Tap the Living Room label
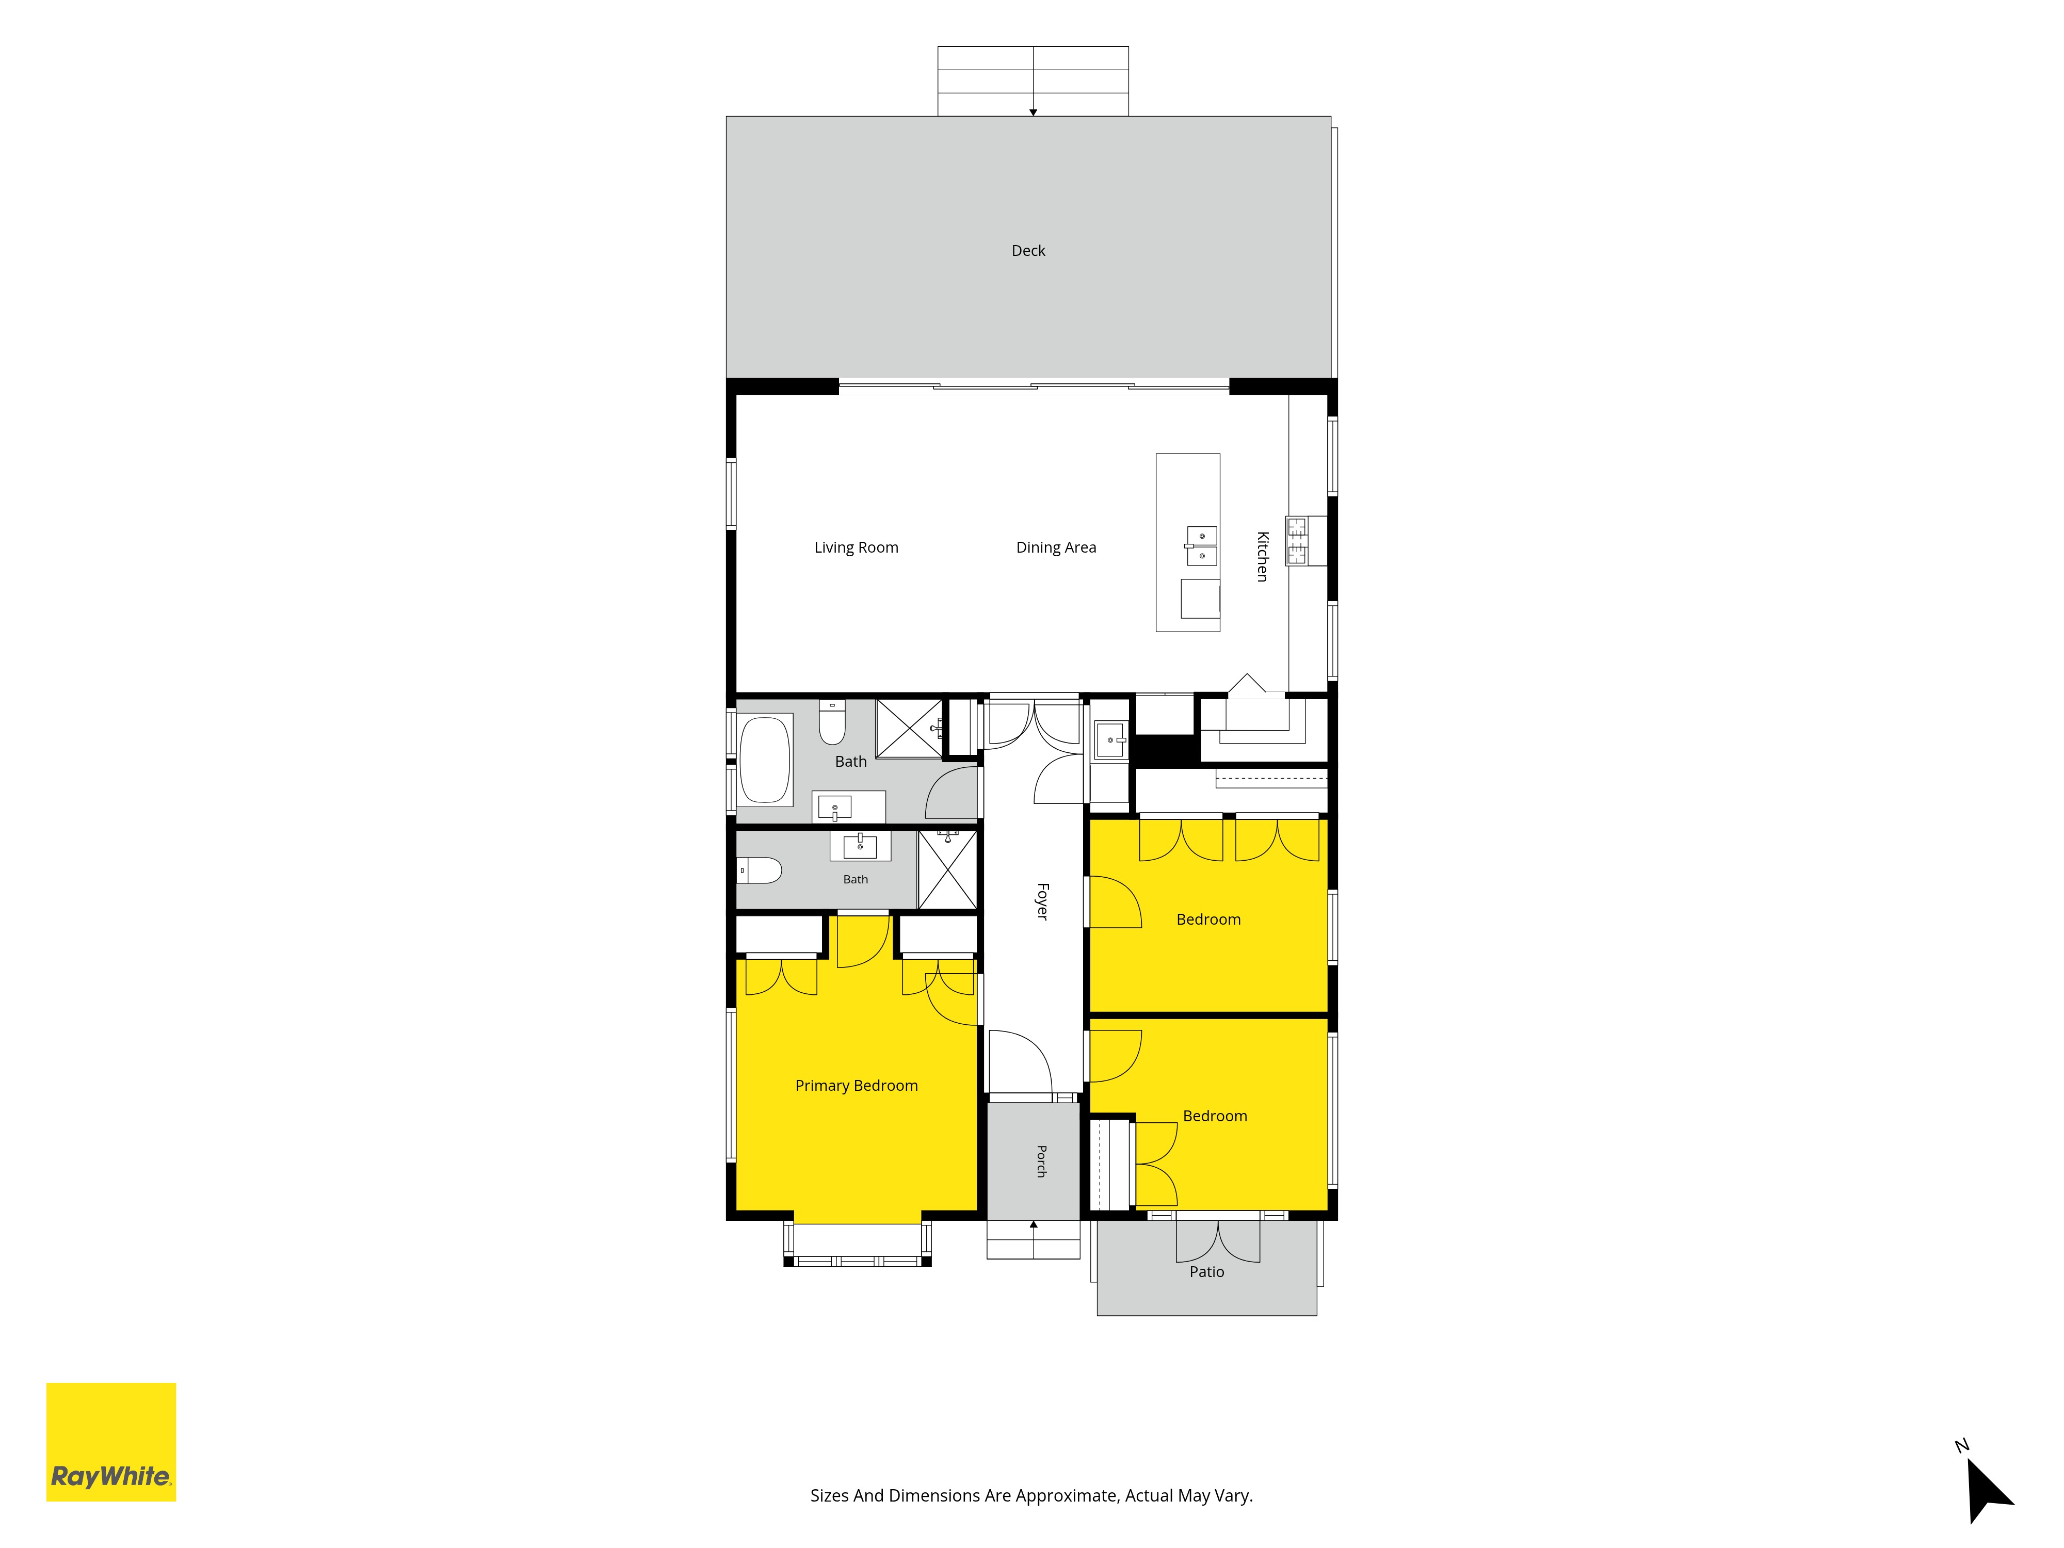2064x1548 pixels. coord(856,547)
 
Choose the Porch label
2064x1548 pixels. coord(1041,1161)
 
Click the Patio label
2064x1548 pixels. coord(1206,1272)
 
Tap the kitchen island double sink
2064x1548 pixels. coord(1202,546)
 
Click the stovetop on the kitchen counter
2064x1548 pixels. coord(1297,540)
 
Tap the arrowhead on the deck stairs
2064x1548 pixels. coord(1033,112)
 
